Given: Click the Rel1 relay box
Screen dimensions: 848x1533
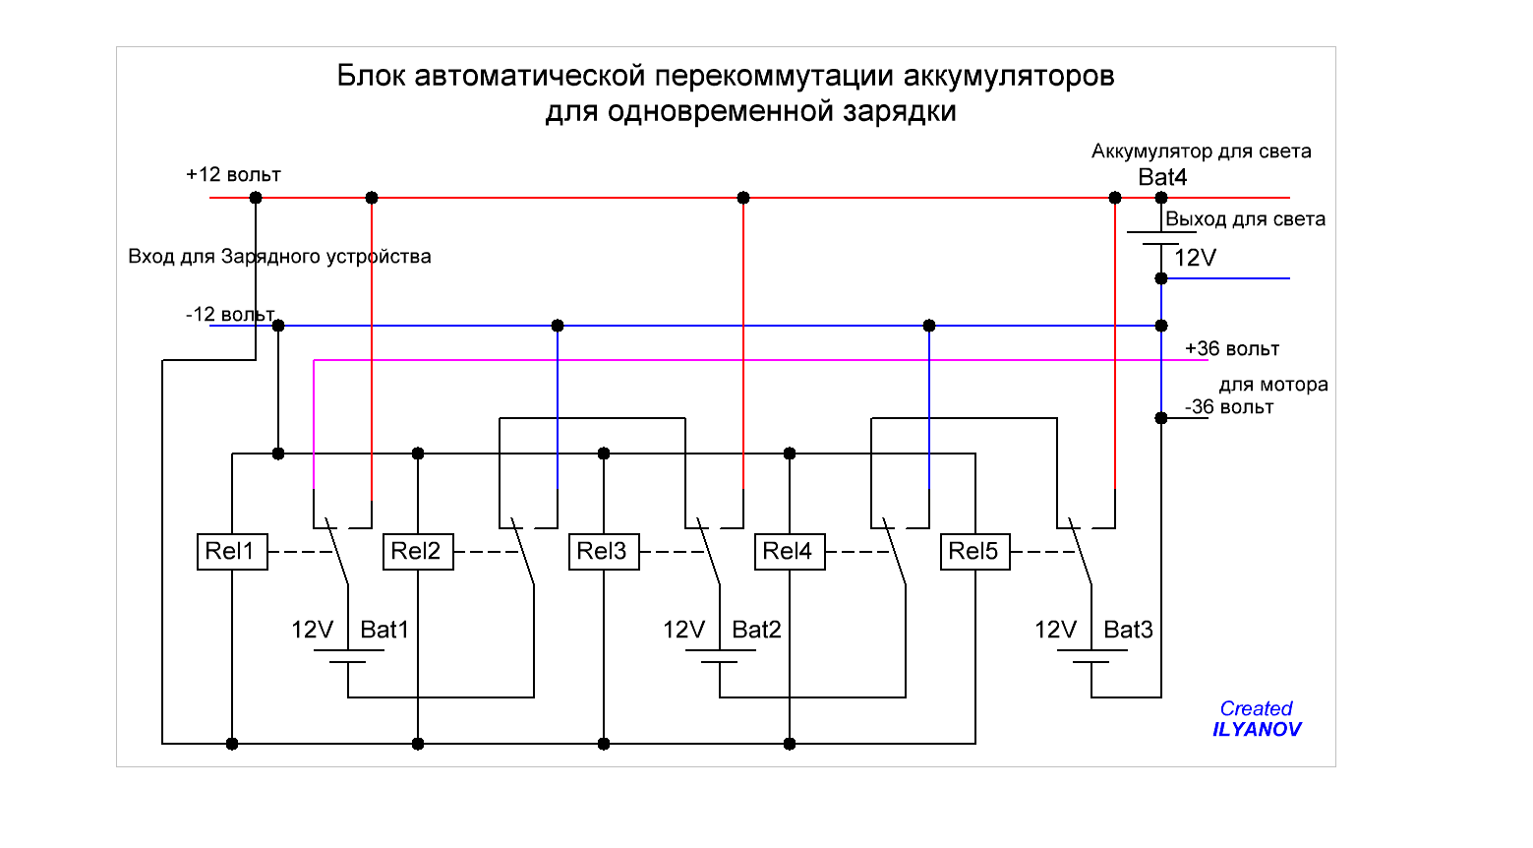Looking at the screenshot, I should (232, 552).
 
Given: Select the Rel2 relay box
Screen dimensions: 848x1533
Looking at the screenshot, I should (418, 552).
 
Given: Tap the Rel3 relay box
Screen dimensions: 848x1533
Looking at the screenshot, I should (604, 552).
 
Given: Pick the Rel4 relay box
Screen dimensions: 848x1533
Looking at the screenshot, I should (790, 552).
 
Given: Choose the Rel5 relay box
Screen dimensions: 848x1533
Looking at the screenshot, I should (974, 552).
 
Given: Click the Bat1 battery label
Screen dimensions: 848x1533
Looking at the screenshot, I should (384, 630).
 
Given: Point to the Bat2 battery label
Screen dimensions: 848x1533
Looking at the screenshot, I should (756, 630).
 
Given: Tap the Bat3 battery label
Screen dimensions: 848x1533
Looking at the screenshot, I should (1128, 630).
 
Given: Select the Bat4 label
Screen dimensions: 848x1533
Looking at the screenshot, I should (1162, 177).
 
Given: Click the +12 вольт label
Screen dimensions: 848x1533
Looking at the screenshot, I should (233, 175).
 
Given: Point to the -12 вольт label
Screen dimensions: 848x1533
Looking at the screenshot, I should (230, 315).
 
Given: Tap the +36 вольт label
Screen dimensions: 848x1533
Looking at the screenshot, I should (1232, 349).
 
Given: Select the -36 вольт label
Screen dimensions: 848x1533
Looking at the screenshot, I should (1229, 407).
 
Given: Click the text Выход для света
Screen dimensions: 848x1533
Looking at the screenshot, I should (1245, 219).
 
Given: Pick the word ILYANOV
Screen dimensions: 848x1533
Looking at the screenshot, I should (1257, 730).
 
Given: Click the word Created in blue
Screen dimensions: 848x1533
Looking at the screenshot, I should (1256, 708).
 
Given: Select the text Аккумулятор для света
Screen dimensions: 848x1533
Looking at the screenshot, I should (1201, 151).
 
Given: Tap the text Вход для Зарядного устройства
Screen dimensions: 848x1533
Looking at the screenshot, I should (279, 257).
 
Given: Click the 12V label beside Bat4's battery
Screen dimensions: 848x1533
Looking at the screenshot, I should (1196, 258).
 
